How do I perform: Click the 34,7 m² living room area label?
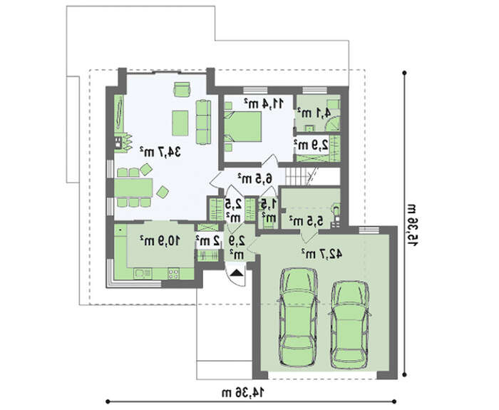click(160, 152)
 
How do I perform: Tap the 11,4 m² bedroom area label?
click(264, 103)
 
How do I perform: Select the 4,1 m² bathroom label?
click(314, 113)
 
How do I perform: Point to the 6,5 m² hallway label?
click(255, 178)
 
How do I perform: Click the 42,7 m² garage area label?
click(321, 254)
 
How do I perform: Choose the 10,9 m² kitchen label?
click(160, 241)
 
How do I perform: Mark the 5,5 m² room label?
click(306, 220)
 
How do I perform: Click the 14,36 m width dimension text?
click(244, 392)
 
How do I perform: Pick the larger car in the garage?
click(298, 317)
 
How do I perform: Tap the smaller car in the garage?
click(349, 324)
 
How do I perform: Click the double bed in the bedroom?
click(243, 127)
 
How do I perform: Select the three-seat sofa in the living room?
click(203, 122)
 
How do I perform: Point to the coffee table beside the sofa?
click(180, 123)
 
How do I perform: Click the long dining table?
click(134, 188)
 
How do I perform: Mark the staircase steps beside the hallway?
click(297, 176)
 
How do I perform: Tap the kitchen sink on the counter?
click(143, 273)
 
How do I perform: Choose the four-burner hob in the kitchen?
click(173, 273)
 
